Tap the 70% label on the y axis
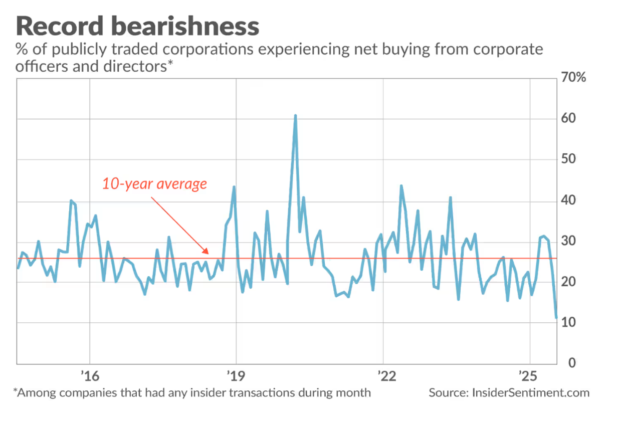573,79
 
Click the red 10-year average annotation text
154,184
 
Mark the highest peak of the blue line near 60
295,116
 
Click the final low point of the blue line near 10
556,318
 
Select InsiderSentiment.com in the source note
531,392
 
